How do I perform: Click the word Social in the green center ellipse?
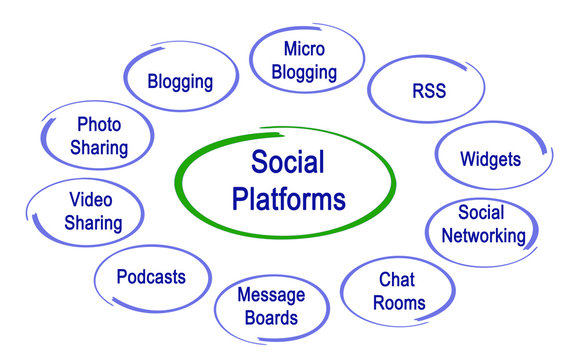tap(289, 161)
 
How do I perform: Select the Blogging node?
tap(181, 81)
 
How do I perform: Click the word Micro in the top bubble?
tap(305, 49)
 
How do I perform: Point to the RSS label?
tap(428, 92)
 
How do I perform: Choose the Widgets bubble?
tap(490, 159)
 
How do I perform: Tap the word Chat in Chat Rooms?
tap(397, 279)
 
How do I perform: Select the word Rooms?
tap(399, 302)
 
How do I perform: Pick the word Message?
tap(270, 295)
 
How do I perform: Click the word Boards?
tap(270, 319)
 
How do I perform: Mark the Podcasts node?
tap(151, 276)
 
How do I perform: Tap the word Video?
tap(90, 199)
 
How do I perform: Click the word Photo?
tap(99, 125)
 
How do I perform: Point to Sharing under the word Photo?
tap(99, 148)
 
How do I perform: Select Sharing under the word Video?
tap(92, 223)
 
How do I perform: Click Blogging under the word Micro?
tap(305, 73)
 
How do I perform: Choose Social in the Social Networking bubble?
tap(481, 212)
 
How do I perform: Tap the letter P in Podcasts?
tap(121, 276)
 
